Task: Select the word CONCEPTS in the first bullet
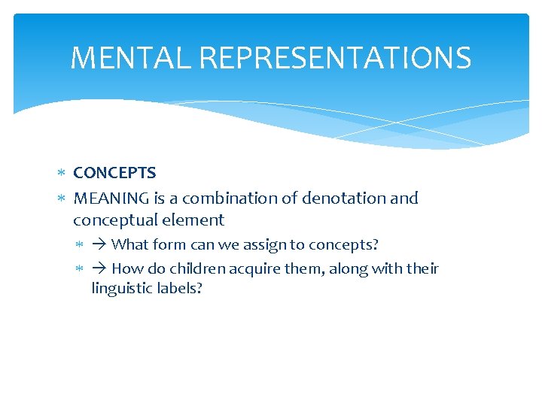[114, 173]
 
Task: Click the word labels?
[178, 288]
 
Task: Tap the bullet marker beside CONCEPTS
[62, 174]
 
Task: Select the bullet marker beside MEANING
[62, 199]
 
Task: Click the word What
[130, 245]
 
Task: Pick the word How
[127, 269]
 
